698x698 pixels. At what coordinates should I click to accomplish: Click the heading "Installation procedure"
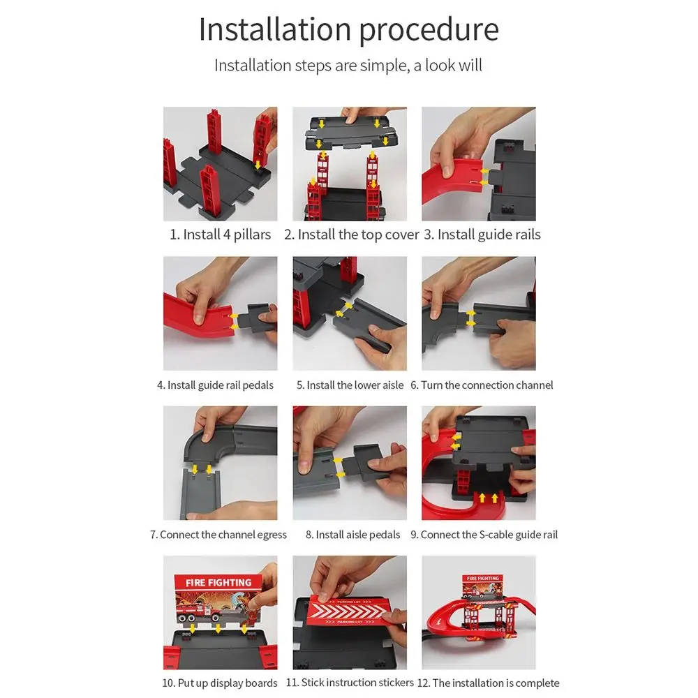(x=348, y=30)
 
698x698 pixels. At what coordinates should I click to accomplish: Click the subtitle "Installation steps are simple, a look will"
(x=348, y=66)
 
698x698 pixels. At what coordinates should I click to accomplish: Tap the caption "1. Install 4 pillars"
(x=220, y=235)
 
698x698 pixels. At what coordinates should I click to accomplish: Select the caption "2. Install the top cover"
(x=351, y=235)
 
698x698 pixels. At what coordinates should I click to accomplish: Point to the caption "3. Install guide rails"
(x=482, y=235)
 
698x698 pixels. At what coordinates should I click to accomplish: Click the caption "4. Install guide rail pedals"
(x=215, y=385)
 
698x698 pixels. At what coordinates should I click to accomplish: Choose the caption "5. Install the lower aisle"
(x=350, y=385)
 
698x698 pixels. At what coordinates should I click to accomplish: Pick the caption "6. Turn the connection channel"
(x=482, y=385)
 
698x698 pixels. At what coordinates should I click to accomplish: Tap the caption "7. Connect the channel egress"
(x=218, y=535)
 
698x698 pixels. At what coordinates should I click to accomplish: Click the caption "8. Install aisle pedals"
(x=352, y=535)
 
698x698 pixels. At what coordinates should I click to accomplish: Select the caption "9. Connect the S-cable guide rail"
(x=484, y=535)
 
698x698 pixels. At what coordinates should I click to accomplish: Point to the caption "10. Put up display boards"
(x=219, y=683)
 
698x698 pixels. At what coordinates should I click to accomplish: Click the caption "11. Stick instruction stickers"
(x=350, y=683)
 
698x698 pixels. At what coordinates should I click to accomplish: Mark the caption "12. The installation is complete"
(x=488, y=683)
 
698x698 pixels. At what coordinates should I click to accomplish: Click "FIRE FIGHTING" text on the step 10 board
(x=218, y=583)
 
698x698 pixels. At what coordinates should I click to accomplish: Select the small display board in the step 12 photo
(x=483, y=586)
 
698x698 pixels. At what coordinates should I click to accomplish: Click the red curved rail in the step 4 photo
(x=200, y=314)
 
